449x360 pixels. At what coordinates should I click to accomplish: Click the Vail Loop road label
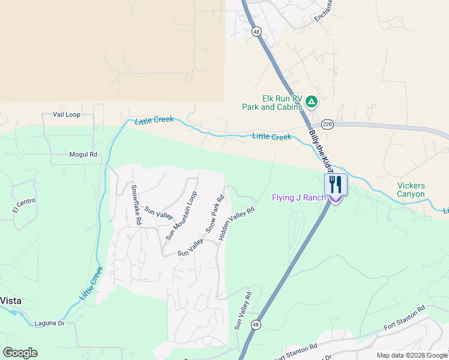point(66,114)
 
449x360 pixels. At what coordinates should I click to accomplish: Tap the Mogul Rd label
point(83,154)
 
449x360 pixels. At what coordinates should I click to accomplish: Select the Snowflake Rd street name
point(136,205)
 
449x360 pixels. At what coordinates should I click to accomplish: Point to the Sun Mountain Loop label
point(181,216)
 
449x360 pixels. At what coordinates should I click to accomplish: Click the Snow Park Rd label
point(215,214)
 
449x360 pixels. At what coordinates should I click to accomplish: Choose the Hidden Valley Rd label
point(237,224)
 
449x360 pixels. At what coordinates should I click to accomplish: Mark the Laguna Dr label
point(49,323)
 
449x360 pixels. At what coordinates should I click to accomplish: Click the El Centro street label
point(24,205)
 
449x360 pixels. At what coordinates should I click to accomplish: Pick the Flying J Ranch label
point(298,197)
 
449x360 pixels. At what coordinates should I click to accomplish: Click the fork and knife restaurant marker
point(336,184)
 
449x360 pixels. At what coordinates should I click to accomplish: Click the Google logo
point(20,353)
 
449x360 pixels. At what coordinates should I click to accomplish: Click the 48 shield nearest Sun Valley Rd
point(256,325)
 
